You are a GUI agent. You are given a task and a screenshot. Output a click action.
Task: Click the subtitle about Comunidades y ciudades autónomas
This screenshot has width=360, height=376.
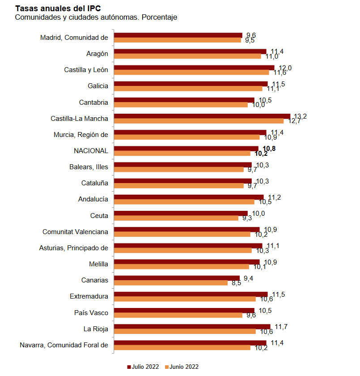coord(96,17)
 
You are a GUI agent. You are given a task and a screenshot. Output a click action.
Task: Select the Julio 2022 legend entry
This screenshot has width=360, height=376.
coord(143,367)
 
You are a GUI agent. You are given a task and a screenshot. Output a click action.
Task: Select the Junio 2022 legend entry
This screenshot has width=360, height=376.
coord(182,367)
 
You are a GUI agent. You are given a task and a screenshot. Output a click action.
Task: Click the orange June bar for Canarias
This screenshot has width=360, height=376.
coord(171,283)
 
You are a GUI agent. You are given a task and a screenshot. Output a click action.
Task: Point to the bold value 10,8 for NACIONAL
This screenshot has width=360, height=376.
coord(269,149)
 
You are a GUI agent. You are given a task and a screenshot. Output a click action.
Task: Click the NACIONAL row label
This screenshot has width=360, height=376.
coord(91,151)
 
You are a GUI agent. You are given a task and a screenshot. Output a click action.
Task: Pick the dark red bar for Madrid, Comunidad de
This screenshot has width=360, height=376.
coord(178,35)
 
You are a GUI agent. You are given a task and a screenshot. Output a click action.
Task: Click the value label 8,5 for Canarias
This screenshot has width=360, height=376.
coord(237,283)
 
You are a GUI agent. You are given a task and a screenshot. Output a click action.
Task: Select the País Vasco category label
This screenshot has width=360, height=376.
coord(91,312)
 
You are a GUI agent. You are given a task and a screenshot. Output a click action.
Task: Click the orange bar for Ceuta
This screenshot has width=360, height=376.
coord(176,218)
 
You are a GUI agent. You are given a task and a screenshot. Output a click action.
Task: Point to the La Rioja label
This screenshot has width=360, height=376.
coord(96,329)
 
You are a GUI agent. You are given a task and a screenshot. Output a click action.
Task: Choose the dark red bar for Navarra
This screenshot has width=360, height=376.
coord(190,342)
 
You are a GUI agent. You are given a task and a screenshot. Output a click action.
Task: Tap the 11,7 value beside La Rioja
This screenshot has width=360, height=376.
coord(281,326)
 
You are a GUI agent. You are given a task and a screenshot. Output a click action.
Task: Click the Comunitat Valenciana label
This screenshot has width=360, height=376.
coord(75,231)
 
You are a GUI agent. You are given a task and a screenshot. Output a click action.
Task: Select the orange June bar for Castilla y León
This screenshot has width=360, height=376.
coord(191,73)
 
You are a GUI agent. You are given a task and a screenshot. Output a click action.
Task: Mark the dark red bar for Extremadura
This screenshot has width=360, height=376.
coord(191,294)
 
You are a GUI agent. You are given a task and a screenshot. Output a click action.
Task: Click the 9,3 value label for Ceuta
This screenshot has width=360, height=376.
coord(247,218)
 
